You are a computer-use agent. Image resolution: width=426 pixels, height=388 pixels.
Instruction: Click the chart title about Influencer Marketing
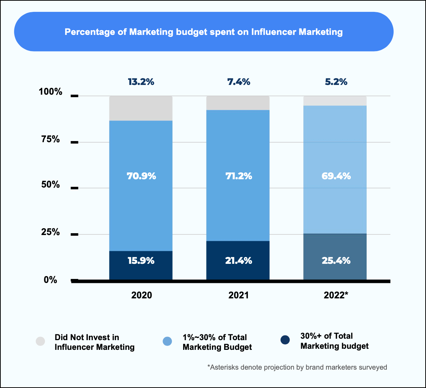(x=204, y=32)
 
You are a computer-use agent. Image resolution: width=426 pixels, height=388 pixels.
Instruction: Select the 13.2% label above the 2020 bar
(x=141, y=82)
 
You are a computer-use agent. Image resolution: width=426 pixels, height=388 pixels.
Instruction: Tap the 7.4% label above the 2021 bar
(x=239, y=82)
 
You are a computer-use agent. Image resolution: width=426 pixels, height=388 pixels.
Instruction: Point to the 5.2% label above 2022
(x=336, y=82)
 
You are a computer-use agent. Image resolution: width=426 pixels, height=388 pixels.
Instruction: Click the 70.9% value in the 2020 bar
(x=141, y=176)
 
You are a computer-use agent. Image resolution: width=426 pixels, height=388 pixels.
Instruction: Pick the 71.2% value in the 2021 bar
(x=239, y=176)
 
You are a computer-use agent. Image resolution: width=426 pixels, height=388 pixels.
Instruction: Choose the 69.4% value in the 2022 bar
(x=336, y=176)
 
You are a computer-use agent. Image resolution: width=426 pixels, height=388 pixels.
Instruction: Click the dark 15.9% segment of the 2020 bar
(x=141, y=265)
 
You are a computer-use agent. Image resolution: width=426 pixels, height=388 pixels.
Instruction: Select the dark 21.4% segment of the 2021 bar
(x=238, y=260)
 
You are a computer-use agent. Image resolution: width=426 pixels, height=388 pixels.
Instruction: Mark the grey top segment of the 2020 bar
(x=141, y=108)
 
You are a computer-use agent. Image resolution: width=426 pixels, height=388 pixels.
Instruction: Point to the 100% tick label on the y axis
(x=50, y=92)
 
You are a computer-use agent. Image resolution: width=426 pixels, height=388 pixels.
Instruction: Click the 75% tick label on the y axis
(x=50, y=139)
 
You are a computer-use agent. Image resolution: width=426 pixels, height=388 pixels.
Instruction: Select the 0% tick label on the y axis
(x=50, y=280)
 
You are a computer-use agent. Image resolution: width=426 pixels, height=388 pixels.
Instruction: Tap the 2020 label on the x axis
(x=141, y=295)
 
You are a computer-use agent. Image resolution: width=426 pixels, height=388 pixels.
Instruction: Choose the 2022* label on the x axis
(x=336, y=295)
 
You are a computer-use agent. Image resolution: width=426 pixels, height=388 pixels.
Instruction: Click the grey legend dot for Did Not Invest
(x=40, y=341)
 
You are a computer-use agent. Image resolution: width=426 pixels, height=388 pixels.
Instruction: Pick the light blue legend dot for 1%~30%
(x=167, y=341)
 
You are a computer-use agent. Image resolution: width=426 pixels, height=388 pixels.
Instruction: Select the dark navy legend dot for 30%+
(x=285, y=340)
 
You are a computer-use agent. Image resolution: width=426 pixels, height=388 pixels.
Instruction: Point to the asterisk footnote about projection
(x=297, y=367)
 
